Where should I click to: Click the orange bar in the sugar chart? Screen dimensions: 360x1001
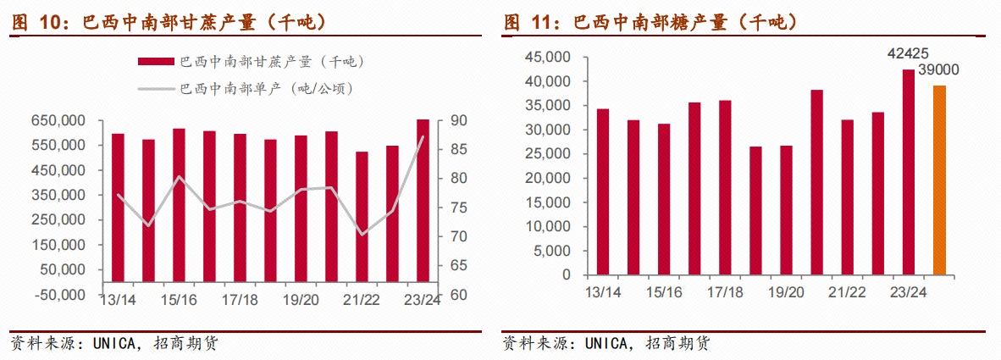pyautogui.click(x=939, y=180)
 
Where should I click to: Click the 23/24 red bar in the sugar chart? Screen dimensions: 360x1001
pyautogui.click(x=909, y=172)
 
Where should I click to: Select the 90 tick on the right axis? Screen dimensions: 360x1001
pyautogui.click(x=459, y=120)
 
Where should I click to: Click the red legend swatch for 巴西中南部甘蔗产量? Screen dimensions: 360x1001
pyautogui.click(x=157, y=62)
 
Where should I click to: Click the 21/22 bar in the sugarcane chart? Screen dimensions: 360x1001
pyautogui.click(x=362, y=217)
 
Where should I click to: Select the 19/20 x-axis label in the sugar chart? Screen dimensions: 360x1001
pyautogui.click(x=786, y=292)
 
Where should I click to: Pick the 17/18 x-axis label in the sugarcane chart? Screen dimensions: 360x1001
pyautogui.click(x=240, y=300)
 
